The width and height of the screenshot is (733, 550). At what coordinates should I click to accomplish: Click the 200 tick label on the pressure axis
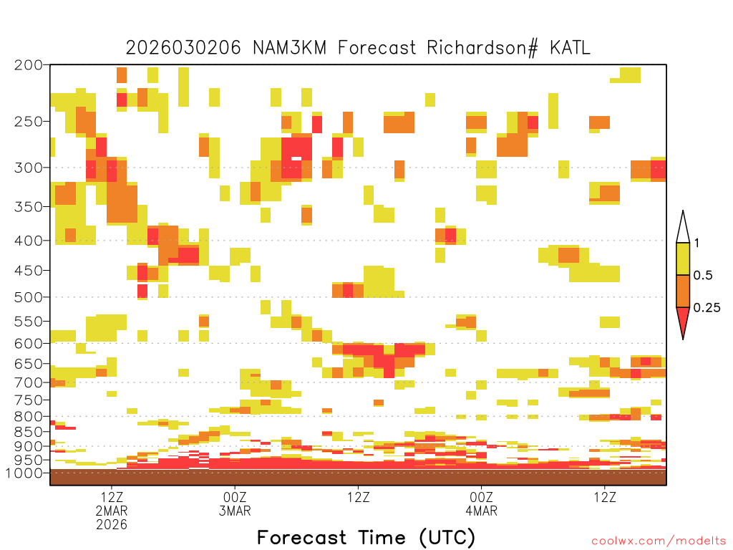pos(28,65)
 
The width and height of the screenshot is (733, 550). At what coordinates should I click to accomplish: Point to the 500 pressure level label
pos(28,297)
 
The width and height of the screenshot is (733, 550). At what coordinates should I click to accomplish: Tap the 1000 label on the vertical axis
pos(24,473)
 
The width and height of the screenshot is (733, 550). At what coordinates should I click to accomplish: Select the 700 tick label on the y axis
pos(28,383)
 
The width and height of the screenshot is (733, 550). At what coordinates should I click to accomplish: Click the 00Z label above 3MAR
pos(235,497)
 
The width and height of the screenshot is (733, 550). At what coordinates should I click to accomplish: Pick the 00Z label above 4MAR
pos(482,497)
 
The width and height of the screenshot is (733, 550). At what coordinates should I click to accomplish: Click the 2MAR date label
pos(112,511)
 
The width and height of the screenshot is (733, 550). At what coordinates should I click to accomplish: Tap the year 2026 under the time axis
pos(112,525)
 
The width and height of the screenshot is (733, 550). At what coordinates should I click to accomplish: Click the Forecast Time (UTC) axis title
pos(366,538)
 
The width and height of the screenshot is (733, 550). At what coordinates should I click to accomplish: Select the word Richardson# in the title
pos(482,48)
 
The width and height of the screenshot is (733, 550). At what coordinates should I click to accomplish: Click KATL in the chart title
pos(570,48)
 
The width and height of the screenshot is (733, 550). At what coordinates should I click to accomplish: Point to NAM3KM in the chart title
pos(289,48)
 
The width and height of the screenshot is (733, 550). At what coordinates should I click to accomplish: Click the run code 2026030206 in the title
pos(183,48)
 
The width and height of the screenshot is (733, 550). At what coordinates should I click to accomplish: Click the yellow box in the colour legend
pos(683,259)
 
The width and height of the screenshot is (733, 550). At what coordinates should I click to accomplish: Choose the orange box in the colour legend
pos(683,291)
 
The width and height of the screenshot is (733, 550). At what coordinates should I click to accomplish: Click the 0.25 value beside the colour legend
pos(707,308)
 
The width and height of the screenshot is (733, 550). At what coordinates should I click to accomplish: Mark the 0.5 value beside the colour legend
pos(703,276)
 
